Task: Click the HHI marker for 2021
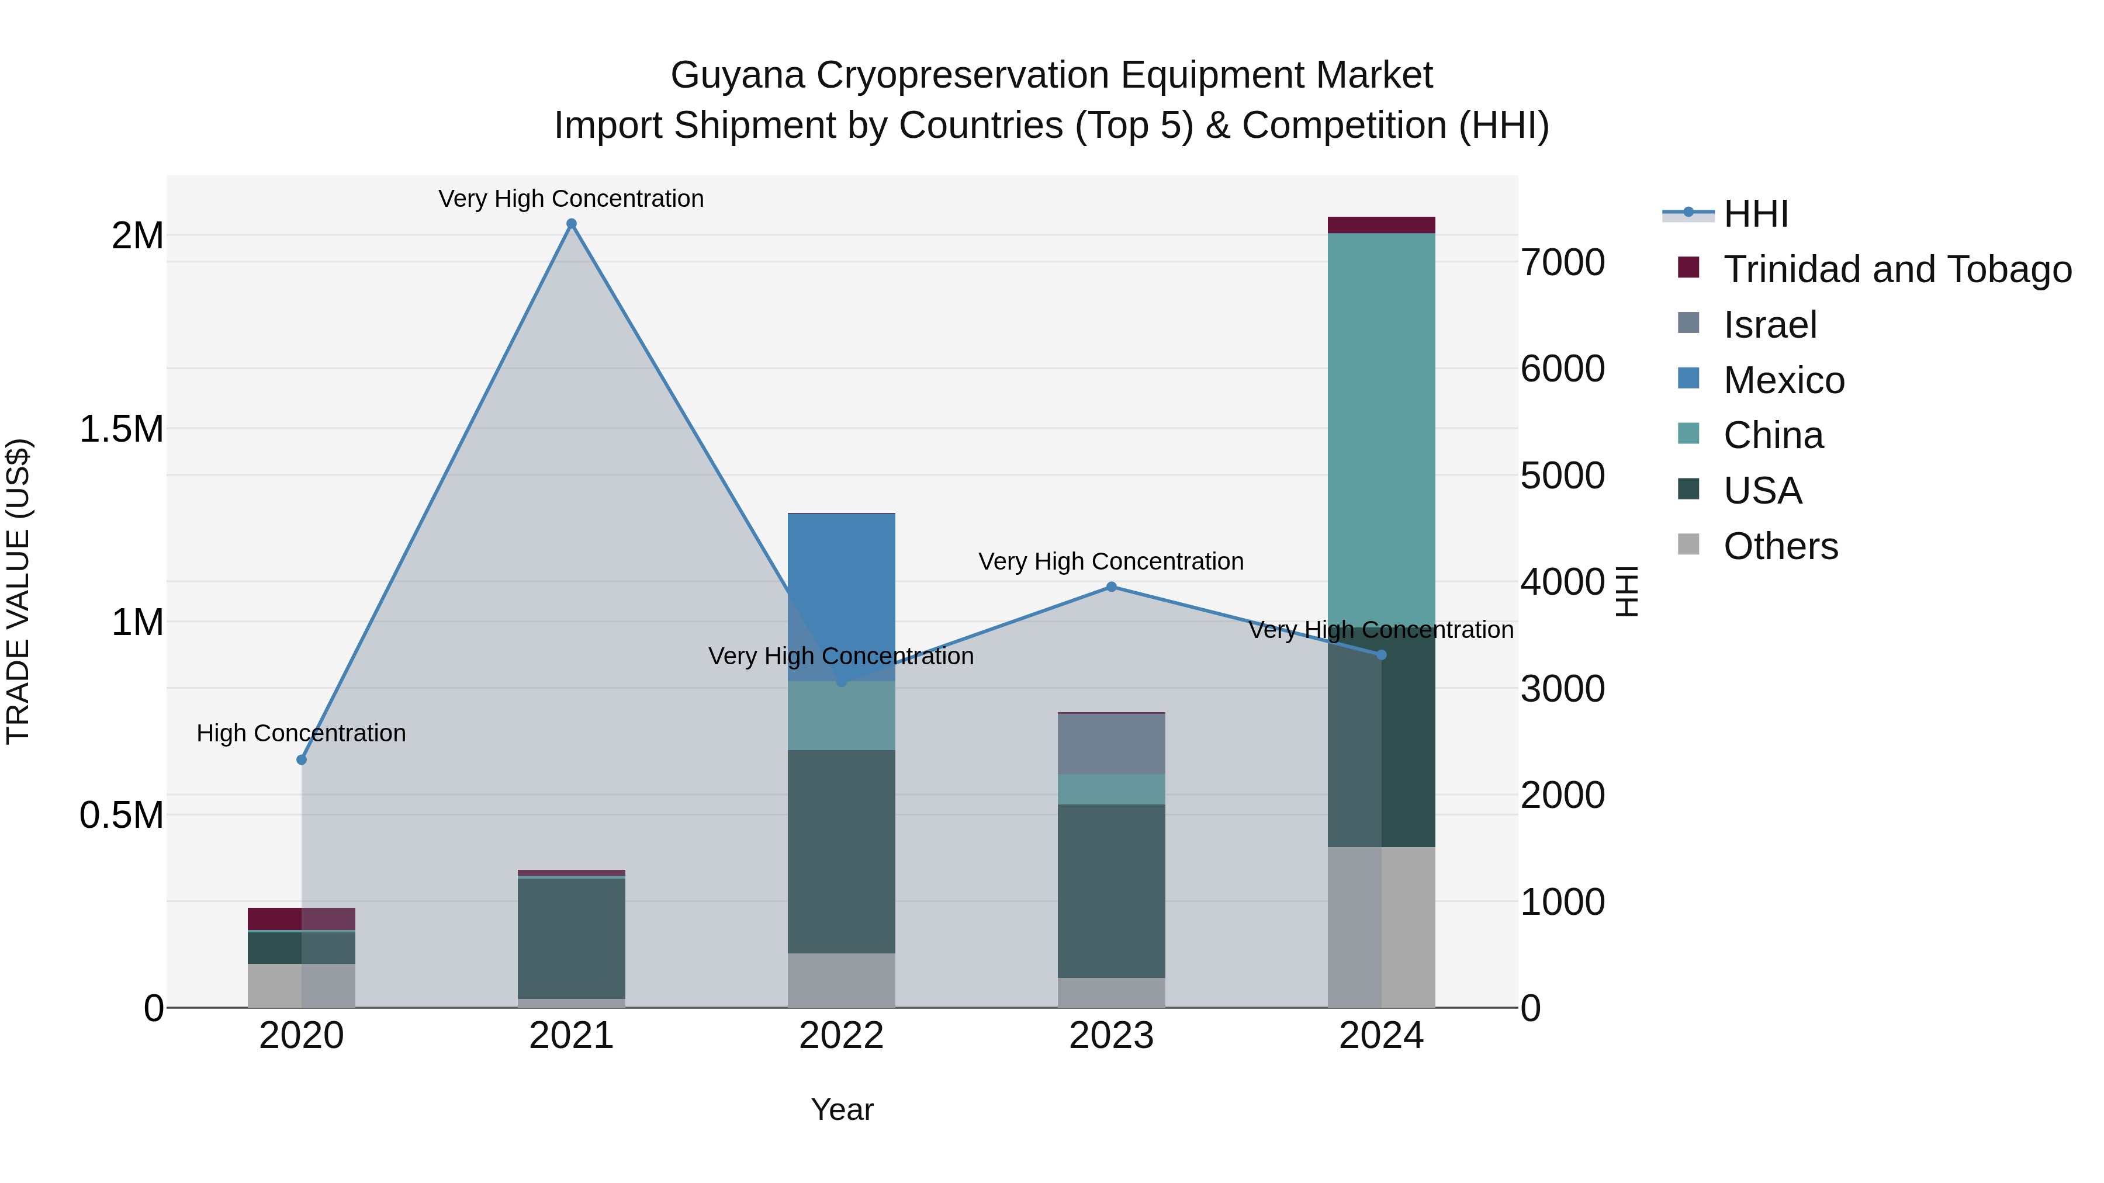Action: click(x=571, y=224)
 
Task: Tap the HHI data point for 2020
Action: click(x=302, y=759)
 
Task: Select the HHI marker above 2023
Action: click(x=1111, y=586)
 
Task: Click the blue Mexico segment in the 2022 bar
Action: click(x=841, y=596)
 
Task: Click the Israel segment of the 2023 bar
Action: click(x=1111, y=743)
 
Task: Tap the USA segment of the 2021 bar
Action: click(x=571, y=938)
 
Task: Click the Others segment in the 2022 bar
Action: click(x=841, y=980)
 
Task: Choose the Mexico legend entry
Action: click(x=1784, y=380)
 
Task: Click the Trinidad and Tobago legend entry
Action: click(x=1897, y=269)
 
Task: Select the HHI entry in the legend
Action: click(x=1756, y=214)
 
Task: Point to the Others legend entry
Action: click(x=1781, y=546)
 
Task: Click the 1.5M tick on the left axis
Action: click(x=122, y=429)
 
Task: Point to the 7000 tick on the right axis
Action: click(x=1562, y=263)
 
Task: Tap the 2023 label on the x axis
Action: click(x=1111, y=1036)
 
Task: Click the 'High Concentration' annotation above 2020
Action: click(x=302, y=733)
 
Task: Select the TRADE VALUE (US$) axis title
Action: click(x=18, y=591)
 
